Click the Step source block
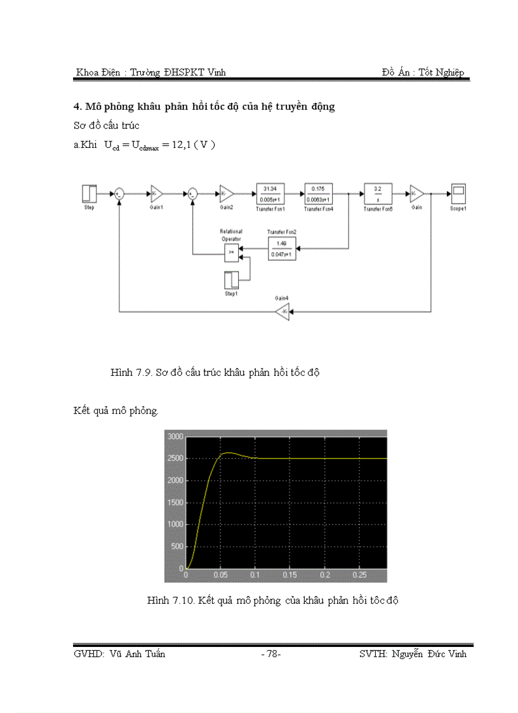[x=89, y=193]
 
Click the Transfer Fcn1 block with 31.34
[x=270, y=193]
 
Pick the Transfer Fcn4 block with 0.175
[x=318, y=193]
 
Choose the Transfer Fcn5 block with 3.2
[x=378, y=193]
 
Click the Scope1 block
[x=458, y=193]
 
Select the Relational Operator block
[x=232, y=252]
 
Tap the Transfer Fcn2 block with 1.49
[x=281, y=248]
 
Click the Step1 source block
[x=232, y=281]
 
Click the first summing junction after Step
[x=119, y=194]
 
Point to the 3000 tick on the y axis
[x=175, y=437]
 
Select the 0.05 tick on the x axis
[x=220, y=575]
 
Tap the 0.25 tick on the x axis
[x=359, y=575]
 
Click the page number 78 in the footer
[x=271, y=654]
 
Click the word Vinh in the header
[x=215, y=72]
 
